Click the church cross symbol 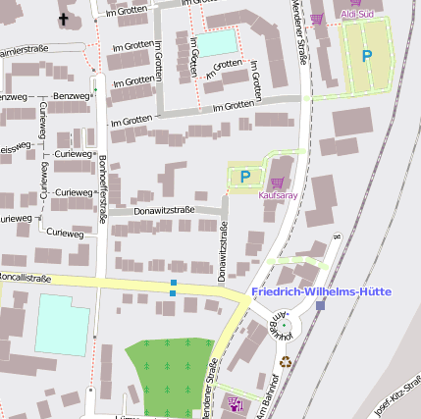(64, 19)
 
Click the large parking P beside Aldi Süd (367, 57)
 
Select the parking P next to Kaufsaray (245, 178)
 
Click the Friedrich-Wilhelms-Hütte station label (321, 292)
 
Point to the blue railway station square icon (320, 305)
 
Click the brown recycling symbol (286, 360)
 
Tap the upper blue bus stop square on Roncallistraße (174, 284)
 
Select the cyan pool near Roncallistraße (62, 324)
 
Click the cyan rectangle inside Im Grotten (218, 43)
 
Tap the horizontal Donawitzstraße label (164, 210)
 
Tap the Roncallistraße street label (25, 278)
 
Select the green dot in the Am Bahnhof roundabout (282, 325)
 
